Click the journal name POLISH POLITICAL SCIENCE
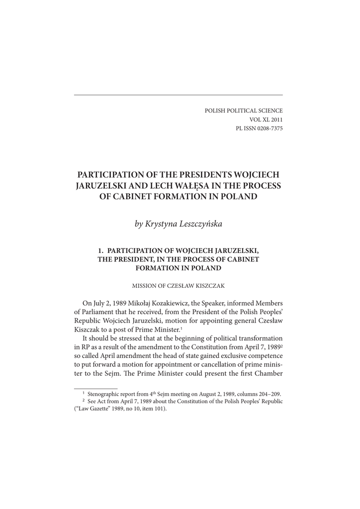(244, 110)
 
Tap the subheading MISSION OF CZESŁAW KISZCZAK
(178, 285)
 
